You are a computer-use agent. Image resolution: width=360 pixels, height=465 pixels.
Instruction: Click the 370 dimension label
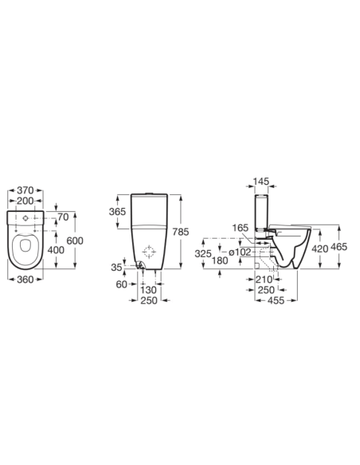click(x=25, y=190)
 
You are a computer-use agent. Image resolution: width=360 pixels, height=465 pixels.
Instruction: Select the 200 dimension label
click(x=25, y=201)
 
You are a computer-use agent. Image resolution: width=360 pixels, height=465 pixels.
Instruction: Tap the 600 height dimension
click(x=75, y=240)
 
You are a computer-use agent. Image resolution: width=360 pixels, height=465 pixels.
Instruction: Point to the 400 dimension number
click(x=56, y=250)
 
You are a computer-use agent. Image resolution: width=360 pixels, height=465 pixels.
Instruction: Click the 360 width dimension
click(x=25, y=279)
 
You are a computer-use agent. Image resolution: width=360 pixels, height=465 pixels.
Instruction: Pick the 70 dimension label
click(x=63, y=217)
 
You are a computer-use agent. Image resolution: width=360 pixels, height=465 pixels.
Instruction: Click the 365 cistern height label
click(x=117, y=212)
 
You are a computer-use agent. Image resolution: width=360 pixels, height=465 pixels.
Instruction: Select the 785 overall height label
click(x=180, y=232)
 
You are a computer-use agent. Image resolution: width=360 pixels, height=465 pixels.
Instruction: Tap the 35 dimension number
click(x=116, y=268)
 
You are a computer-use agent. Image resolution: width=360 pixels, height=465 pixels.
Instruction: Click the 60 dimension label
click(x=122, y=284)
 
